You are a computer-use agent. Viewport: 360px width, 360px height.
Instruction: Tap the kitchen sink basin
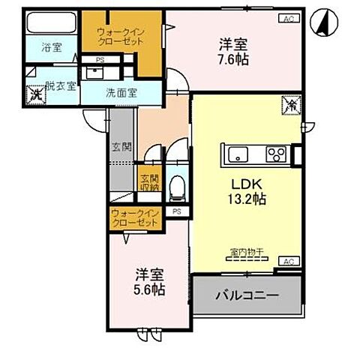[x=236, y=156]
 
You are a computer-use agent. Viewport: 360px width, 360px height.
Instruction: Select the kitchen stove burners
[x=275, y=156]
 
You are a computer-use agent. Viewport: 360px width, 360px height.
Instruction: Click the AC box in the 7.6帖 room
[x=289, y=19]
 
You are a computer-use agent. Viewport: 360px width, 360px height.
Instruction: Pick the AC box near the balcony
[x=289, y=261]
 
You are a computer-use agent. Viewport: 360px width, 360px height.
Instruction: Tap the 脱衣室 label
[x=59, y=85]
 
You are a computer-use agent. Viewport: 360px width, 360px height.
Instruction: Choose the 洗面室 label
[x=120, y=94]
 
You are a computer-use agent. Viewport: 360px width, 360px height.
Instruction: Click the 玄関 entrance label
[x=121, y=146]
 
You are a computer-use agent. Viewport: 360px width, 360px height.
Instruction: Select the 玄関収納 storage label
[x=148, y=183]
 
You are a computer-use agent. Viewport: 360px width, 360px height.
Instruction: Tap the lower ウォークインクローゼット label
[x=136, y=219]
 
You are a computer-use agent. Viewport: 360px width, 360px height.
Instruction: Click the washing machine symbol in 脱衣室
[x=35, y=95]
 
